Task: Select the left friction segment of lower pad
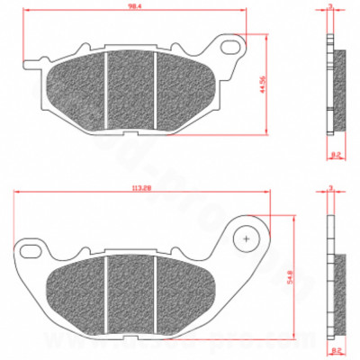[x=79, y=290]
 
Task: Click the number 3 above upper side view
[x=330, y=6]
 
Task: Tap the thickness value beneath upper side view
[x=336, y=156]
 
